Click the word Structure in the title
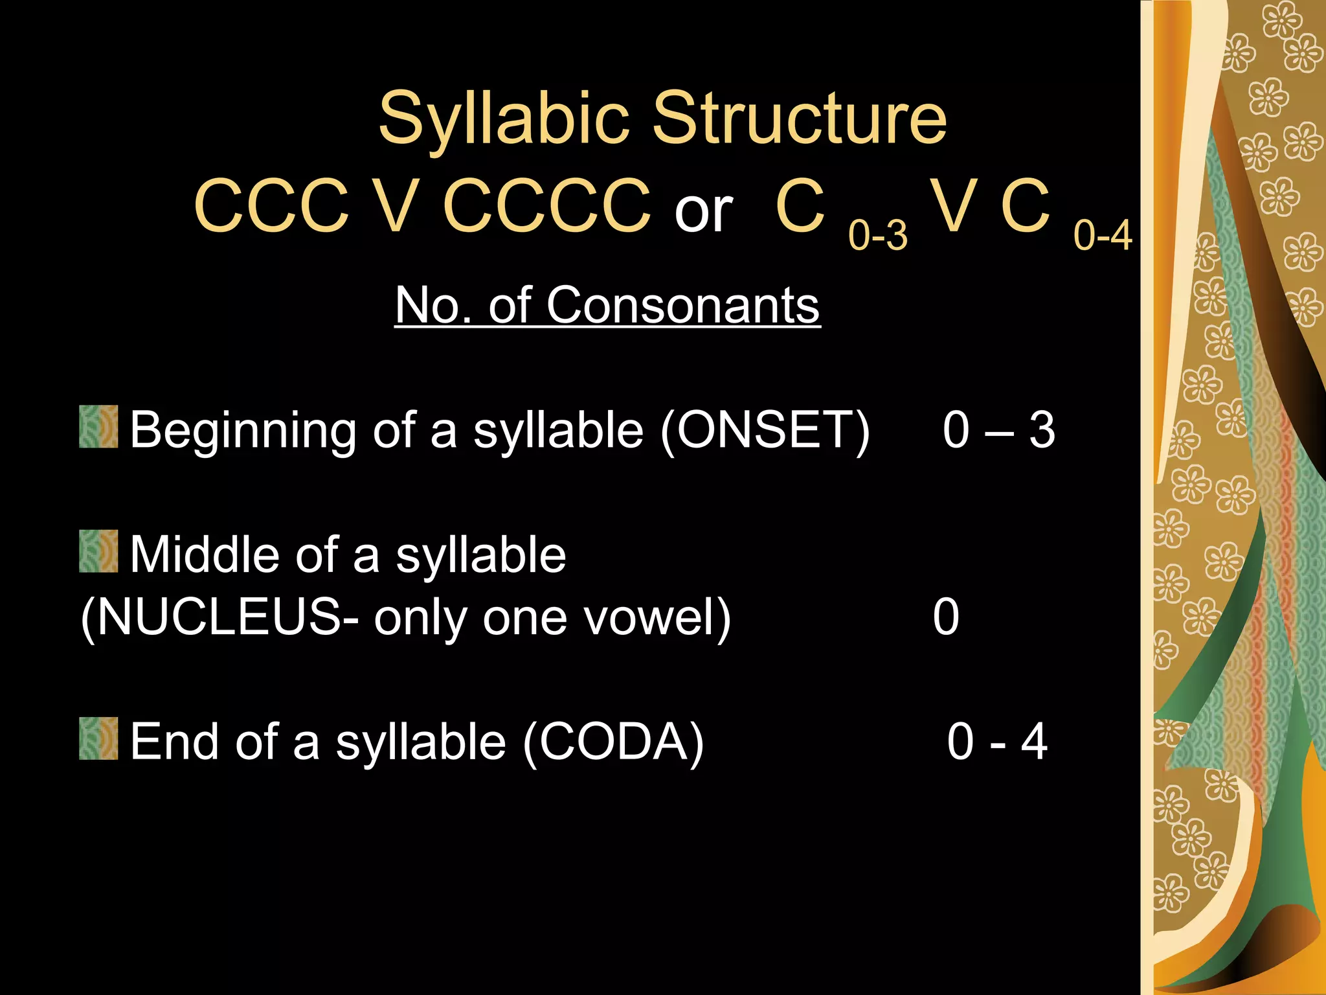(800, 118)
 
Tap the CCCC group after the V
(547, 206)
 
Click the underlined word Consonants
(683, 305)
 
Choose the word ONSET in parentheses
(765, 429)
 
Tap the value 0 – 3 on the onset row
(998, 429)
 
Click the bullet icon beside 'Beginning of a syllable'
(98, 427)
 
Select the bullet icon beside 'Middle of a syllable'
(98, 551)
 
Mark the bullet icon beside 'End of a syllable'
(98, 738)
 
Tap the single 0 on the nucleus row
(946, 617)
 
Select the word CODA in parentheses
(612, 742)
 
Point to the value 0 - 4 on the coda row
(997, 742)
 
